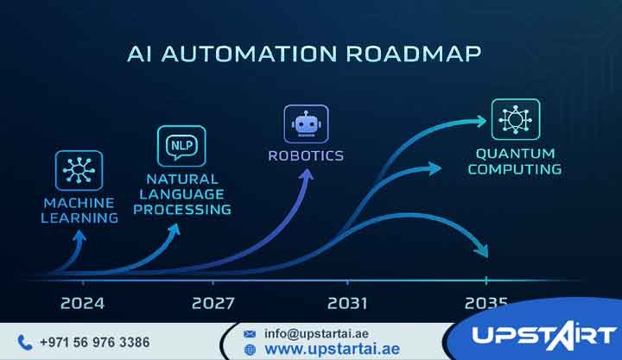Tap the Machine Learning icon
79,170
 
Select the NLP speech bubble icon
181,145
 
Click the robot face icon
306,123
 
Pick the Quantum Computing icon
516,120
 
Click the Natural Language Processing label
183,194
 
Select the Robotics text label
306,156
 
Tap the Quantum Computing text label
515,161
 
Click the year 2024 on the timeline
83,303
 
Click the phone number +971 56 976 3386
94,342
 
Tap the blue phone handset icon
24,342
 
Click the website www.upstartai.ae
331,349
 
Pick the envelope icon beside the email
250,333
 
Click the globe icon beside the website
251,350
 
